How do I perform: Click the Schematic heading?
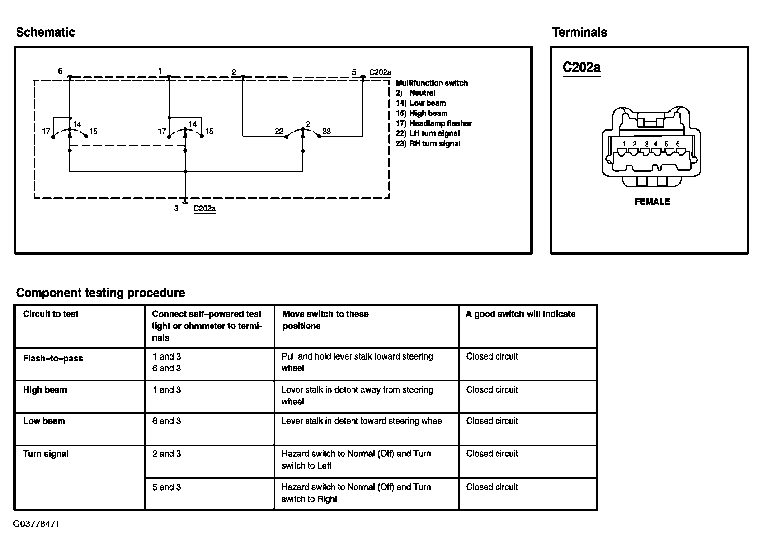coord(46,32)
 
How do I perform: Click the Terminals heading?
coord(579,32)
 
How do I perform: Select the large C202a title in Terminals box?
coord(581,67)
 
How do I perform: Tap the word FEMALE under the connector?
coord(652,202)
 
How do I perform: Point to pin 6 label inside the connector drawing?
coord(678,144)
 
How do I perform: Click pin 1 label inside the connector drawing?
coord(624,144)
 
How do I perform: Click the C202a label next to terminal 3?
coord(204,209)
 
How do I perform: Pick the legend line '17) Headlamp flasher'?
coord(433,123)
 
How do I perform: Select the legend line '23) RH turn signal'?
coord(428,143)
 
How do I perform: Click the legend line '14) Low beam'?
coord(421,103)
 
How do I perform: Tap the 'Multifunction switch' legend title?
coord(432,83)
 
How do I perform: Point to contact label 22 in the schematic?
coord(279,132)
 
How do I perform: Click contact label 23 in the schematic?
coord(326,131)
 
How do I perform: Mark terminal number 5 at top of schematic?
coord(354,72)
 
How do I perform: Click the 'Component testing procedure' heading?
coord(100,293)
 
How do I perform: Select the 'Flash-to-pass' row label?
coord(53,359)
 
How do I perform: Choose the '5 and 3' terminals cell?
coord(167,487)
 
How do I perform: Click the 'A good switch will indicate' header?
coord(520,314)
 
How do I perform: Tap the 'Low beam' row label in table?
coord(44,421)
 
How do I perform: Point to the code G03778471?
coord(37,524)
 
